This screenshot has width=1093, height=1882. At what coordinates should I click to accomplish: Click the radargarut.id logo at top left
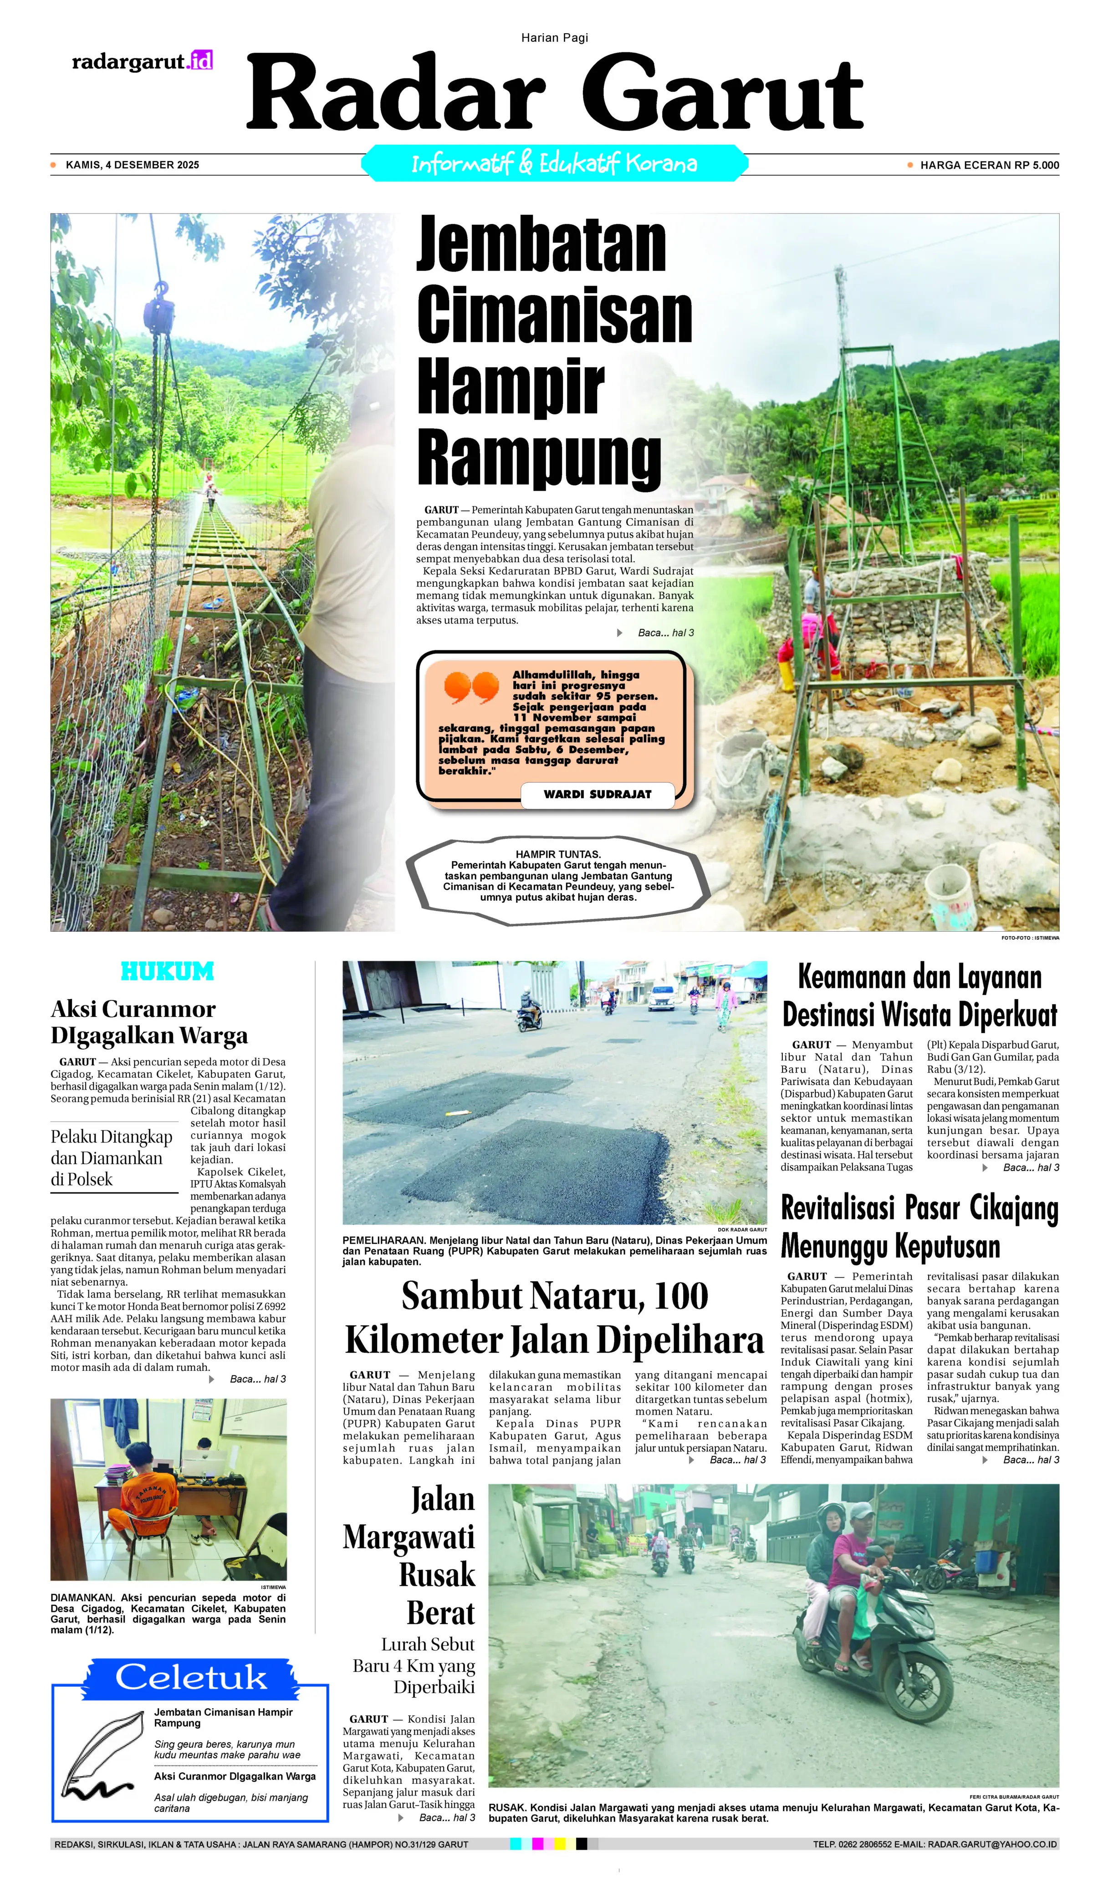point(142,61)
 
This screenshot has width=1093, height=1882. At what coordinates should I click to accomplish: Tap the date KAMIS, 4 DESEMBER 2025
point(132,165)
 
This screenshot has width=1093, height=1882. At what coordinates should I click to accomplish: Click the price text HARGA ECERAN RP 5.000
point(988,165)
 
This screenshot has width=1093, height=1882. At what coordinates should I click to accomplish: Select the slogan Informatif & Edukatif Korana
point(554,163)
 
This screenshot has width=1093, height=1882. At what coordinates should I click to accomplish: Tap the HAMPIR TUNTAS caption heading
point(557,854)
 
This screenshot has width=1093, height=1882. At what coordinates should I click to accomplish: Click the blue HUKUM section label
point(167,972)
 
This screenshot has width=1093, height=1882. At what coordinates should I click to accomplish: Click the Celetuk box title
point(190,1677)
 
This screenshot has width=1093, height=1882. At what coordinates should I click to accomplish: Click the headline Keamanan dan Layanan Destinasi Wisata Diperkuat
point(919,995)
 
